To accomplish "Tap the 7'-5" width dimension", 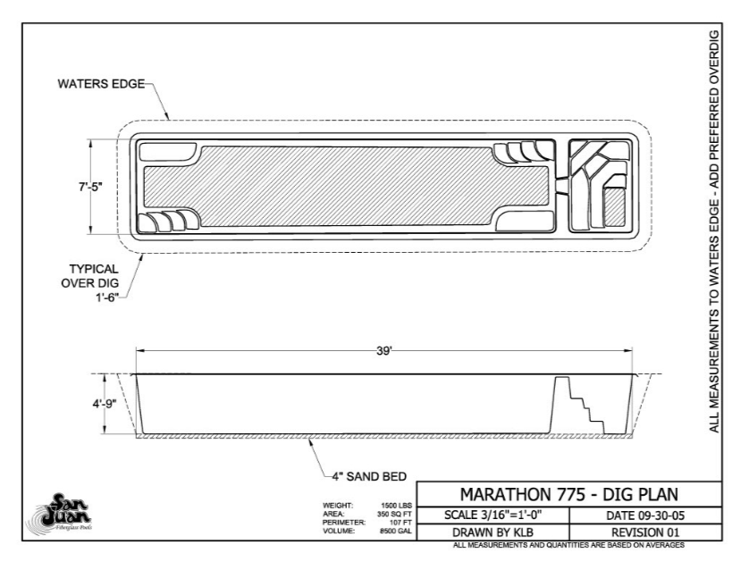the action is tap(90, 187).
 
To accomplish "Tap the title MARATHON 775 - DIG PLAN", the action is tap(568, 494).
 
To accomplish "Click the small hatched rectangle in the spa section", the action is tap(615, 206).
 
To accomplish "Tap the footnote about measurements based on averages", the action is tap(568, 544).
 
